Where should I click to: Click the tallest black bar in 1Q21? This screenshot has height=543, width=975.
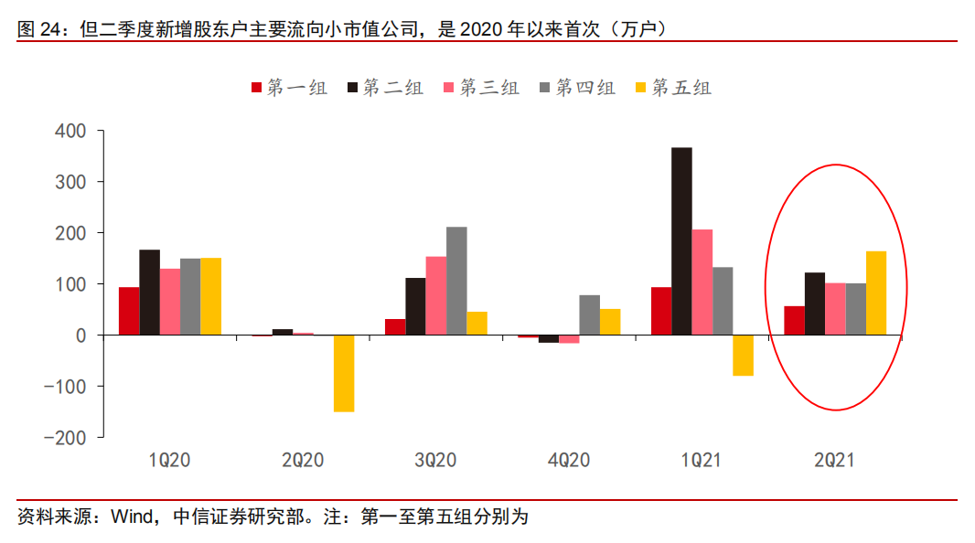[x=681, y=241]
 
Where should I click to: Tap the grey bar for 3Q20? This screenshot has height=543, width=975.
[x=456, y=281]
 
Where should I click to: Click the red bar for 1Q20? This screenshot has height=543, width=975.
[x=129, y=311]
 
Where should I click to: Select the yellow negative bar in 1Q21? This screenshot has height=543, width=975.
[x=743, y=356]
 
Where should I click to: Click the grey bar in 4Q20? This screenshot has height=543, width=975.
[x=589, y=314]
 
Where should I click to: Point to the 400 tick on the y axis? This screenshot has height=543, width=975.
[x=70, y=132]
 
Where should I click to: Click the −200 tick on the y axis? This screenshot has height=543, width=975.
[x=63, y=438]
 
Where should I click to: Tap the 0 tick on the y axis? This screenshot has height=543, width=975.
[x=80, y=335]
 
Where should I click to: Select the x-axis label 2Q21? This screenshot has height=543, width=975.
[x=833, y=461]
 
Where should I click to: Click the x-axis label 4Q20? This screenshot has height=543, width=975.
[x=568, y=461]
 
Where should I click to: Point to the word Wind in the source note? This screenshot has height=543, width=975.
[x=131, y=517]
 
